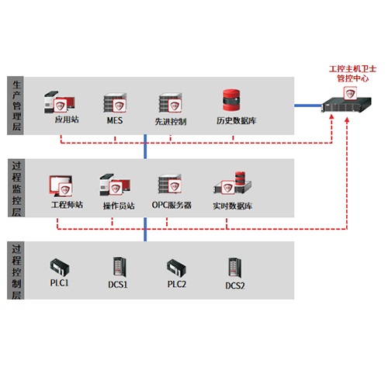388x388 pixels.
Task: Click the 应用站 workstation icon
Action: [x=60, y=102]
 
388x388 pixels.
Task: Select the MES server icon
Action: [x=115, y=102]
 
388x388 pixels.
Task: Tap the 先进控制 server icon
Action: [x=171, y=102]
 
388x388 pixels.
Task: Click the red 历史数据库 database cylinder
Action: [x=231, y=100]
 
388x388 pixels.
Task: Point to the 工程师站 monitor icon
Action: [x=61, y=186]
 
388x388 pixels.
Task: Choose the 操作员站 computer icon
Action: [x=115, y=185]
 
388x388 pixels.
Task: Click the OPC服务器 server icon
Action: [x=170, y=184]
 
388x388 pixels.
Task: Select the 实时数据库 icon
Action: [x=232, y=182]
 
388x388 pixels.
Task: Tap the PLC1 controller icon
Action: [x=60, y=267]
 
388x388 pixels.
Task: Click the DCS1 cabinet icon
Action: [x=120, y=267]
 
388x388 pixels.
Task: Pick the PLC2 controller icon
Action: [x=176, y=268]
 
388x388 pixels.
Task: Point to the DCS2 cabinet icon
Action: [x=234, y=268]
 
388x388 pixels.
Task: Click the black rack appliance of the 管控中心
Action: [x=347, y=105]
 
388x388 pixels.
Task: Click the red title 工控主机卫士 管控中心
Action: [x=352, y=74]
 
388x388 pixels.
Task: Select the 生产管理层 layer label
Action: [x=16, y=106]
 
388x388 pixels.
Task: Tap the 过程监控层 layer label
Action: [x=16, y=189]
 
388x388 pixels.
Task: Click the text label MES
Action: [x=115, y=120]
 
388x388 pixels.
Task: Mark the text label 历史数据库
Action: [x=237, y=120]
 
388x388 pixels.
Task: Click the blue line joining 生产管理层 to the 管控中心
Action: [x=308, y=106]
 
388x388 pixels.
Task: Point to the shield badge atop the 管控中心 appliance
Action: [x=350, y=93]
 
